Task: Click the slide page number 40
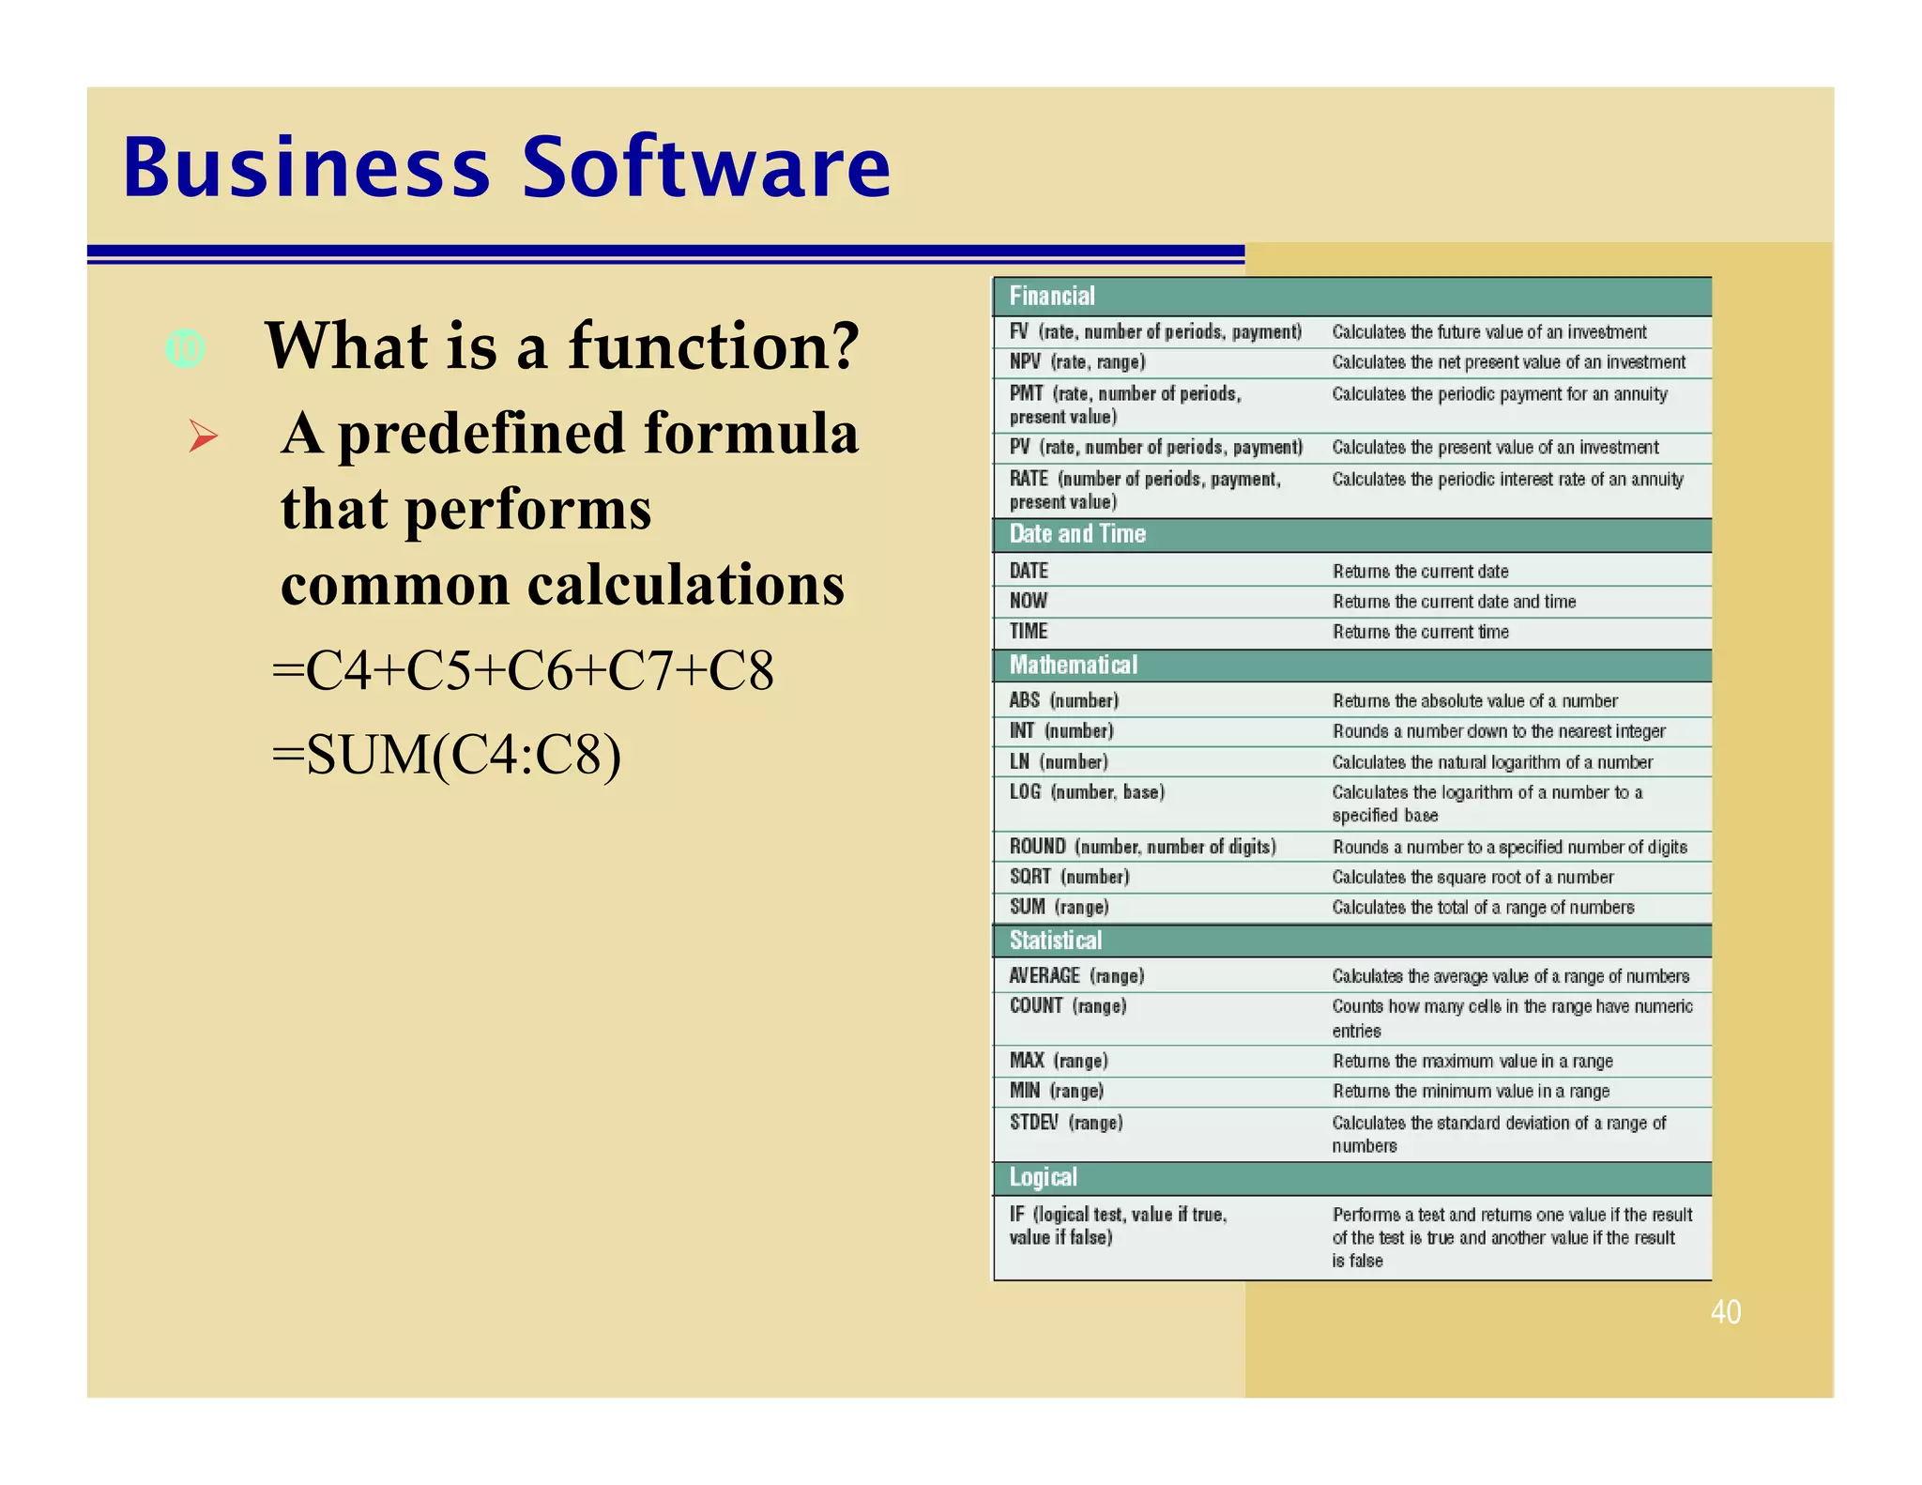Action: coord(1725,1311)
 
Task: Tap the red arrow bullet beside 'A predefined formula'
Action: coord(203,436)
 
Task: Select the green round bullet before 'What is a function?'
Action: coord(185,349)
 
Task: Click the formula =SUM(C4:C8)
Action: coord(446,755)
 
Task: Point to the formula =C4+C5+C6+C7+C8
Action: coord(523,670)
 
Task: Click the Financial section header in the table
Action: coord(1052,297)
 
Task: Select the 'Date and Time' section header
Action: coord(1077,534)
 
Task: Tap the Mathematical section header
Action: coord(1073,666)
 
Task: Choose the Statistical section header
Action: coord(1056,941)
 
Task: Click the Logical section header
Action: coord(1043,1177)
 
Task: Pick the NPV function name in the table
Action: coord(1025,362)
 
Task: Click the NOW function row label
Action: coord(1029,601)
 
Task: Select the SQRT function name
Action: coord(1030,877)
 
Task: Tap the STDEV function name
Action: coord(1033,1123)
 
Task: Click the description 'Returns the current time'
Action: coord(1420,632)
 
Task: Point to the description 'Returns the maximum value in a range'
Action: coord(1472,1061)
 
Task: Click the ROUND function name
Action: coord(1037,847)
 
